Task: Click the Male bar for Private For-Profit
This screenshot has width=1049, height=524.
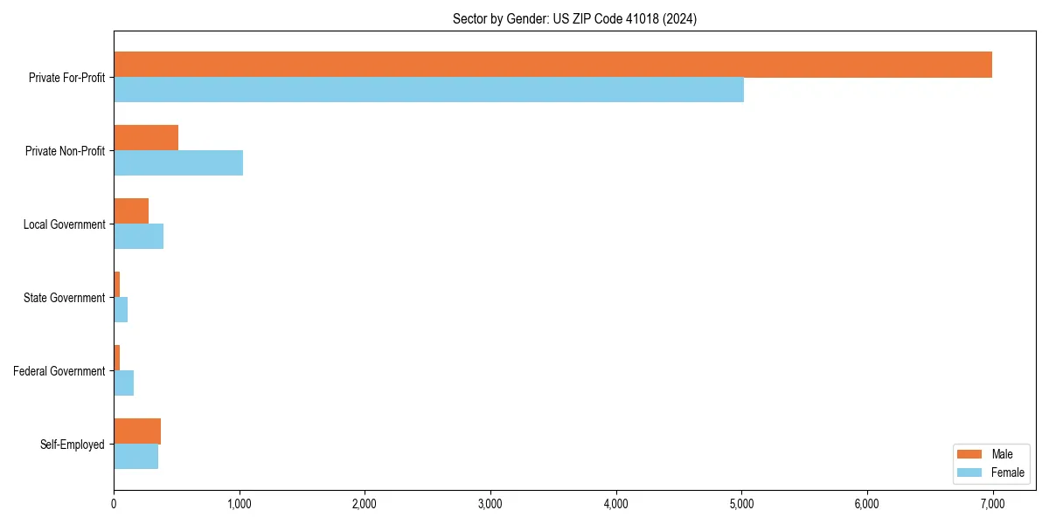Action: click(552, 65)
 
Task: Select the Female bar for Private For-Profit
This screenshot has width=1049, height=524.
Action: click(428, 90)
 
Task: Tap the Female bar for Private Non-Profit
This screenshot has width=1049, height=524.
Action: click(178, 163)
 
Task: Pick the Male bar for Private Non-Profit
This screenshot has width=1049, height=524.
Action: click(146, 138)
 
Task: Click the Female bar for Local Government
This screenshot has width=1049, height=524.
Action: click(138, 237)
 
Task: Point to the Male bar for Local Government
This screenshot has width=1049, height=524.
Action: click(131, 211)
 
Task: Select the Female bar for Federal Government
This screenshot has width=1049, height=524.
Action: click(123, 383)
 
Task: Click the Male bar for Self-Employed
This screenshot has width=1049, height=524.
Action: click(137, 431)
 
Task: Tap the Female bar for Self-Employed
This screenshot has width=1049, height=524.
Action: click(135, 457)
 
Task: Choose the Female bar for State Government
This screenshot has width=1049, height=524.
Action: click(121, 310)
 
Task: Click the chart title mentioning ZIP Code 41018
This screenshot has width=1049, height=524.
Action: click(574, 18)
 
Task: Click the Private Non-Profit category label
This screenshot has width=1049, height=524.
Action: click(65, 151)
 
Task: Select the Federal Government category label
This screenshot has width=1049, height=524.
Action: click(59, 371)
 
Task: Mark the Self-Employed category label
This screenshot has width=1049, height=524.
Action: click(73, 445)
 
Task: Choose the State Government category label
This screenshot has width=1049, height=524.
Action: click(64, 298)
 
